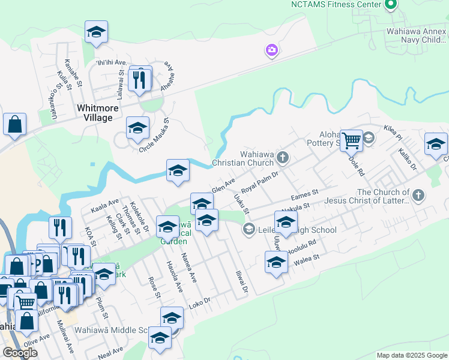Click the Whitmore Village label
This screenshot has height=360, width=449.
(95, 113)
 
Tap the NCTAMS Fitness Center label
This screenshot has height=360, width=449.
(336, 4)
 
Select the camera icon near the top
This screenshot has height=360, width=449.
(272, 50)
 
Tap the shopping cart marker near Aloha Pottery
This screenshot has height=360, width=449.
(352, 140)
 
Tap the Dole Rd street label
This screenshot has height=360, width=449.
(357, 163)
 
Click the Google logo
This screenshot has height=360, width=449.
(20, 353)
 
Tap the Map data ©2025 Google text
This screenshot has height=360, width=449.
(412, 355)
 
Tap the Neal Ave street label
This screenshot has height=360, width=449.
(110, 350)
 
